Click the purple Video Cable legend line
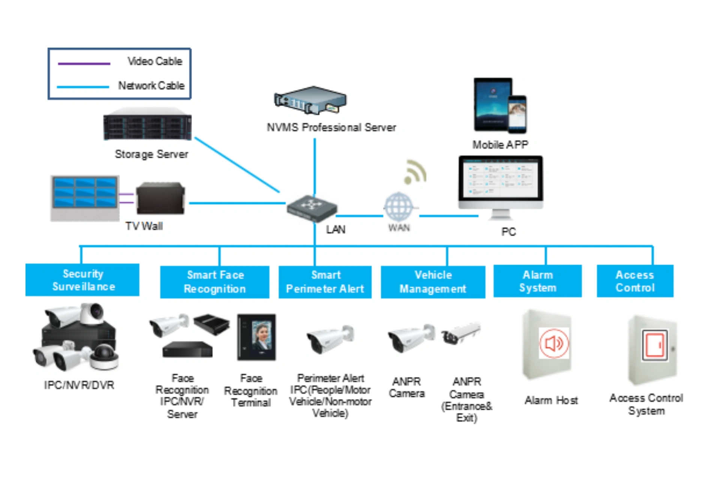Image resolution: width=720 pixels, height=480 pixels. tap(84, 64)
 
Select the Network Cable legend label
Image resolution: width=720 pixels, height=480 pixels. tap(151, 86)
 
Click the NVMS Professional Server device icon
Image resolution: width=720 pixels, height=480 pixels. tap(311, 100)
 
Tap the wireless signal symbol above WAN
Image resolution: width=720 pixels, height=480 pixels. tap(415, 173)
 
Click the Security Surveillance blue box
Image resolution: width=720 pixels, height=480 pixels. tap(82, 280)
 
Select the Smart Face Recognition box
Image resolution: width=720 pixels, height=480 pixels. tap(215, 282)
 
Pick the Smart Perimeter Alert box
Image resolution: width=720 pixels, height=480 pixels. tap(325, 282)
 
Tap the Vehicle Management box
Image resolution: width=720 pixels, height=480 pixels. tap(433, 282)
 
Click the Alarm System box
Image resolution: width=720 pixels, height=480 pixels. tap(538, 281)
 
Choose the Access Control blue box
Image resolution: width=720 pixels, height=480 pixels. tap(635, 281)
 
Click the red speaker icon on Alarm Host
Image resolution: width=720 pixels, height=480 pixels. tap(554, 343)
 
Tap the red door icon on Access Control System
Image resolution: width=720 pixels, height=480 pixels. tap(654, 345)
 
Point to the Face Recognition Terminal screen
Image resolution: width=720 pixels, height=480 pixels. tap(261, 336)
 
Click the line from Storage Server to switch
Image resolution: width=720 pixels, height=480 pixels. tap(237, 165)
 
